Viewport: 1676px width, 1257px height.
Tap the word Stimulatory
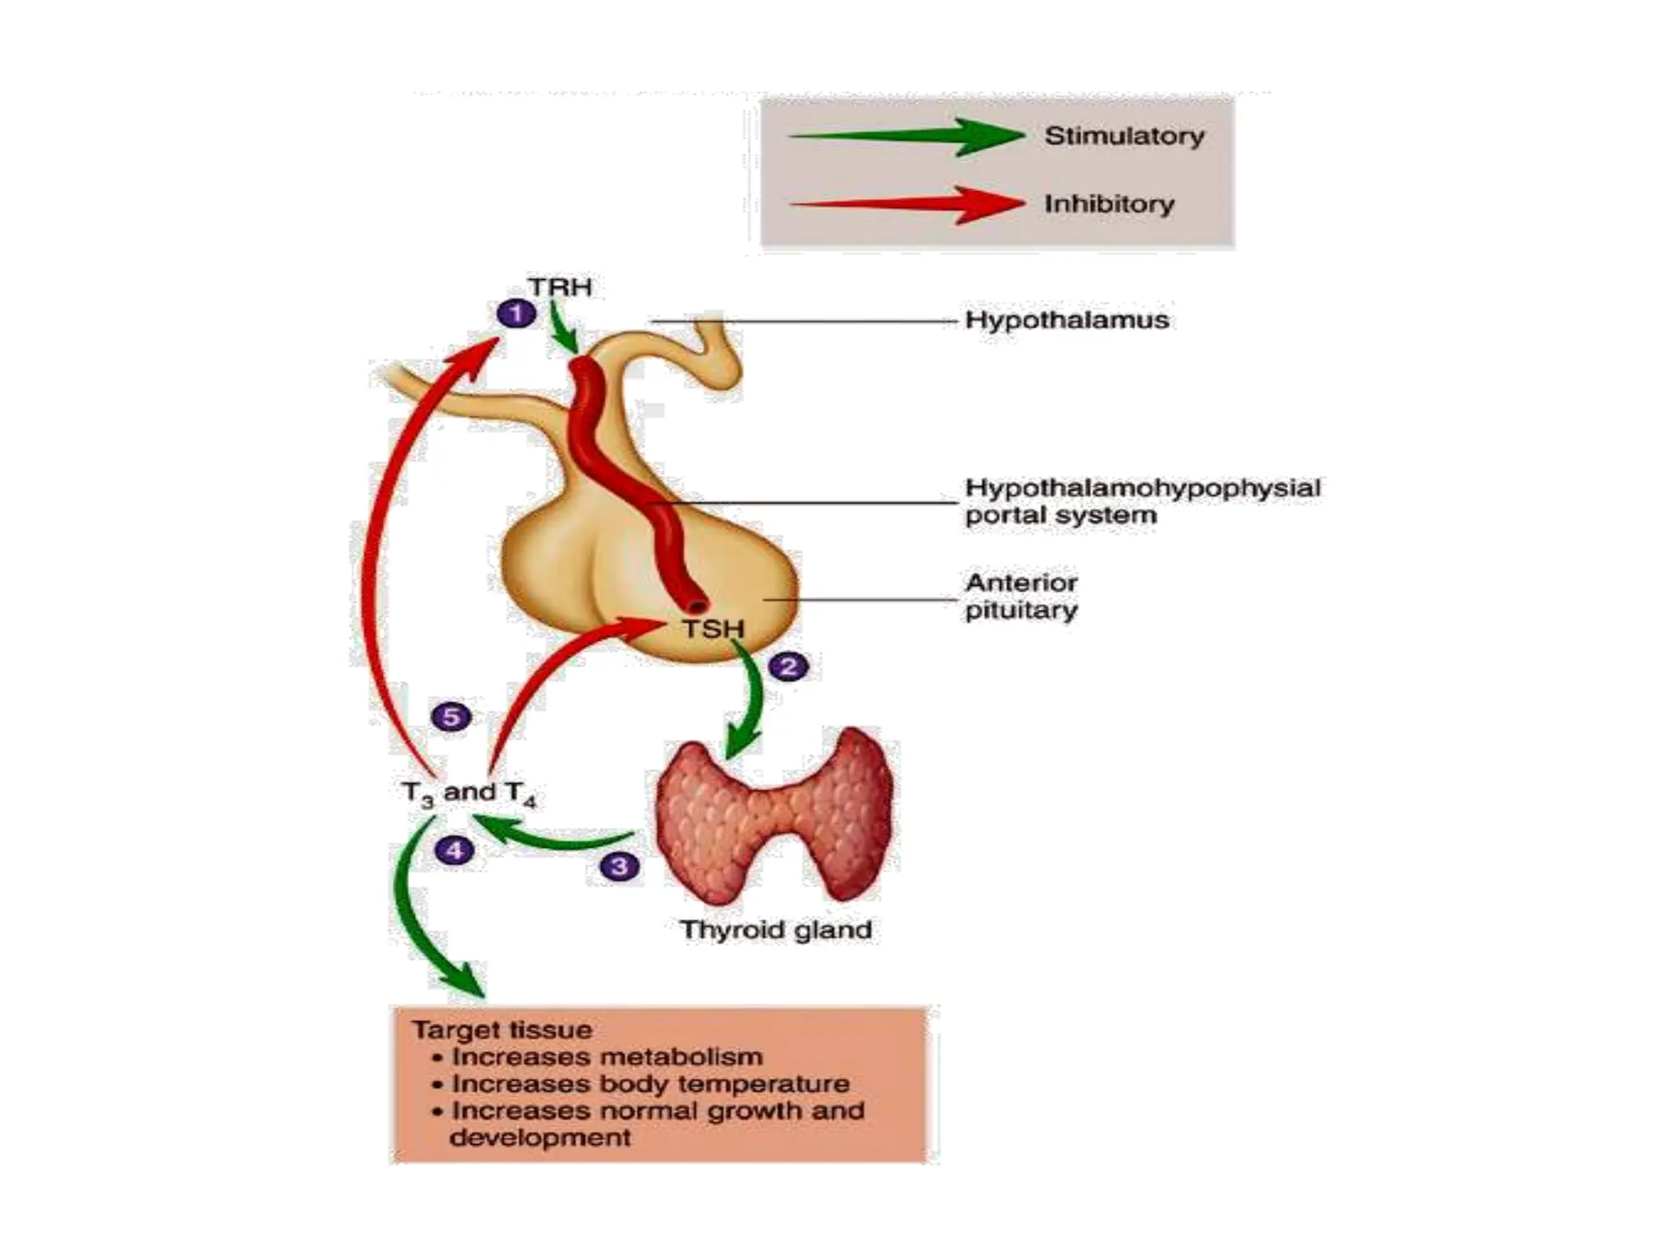1124,136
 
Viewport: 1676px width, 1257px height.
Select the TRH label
560,287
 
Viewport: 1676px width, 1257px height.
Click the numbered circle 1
516,313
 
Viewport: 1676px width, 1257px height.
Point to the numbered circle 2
789,666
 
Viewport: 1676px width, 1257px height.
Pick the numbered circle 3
619,866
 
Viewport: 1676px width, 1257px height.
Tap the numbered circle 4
454,850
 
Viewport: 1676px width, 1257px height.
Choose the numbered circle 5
451,717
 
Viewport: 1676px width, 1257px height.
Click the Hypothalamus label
1066,320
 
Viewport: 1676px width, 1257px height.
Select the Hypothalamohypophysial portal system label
1142,501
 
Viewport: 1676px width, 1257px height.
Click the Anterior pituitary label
1021,596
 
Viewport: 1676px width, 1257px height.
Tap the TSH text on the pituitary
713,629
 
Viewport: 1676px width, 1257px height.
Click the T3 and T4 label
469,793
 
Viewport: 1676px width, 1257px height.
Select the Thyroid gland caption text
775,930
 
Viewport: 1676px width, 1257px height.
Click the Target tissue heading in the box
502,1029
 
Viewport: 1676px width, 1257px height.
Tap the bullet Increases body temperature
650,1084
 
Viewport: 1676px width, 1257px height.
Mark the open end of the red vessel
696,606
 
